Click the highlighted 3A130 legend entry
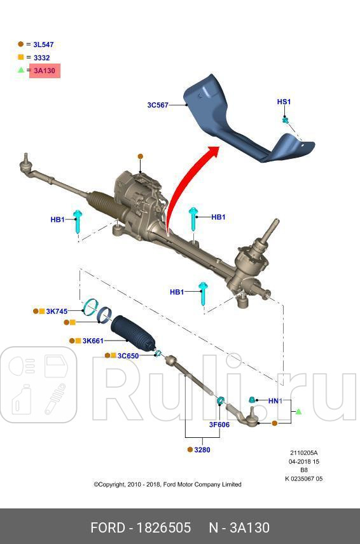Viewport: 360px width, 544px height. (x=45, y=71)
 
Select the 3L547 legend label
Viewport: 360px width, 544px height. (x=43, y=44)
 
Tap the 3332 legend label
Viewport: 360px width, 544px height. (x=42, y=58)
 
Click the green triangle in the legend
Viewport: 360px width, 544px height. (x=21, y=70)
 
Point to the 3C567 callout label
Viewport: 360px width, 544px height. (x=157, y=105)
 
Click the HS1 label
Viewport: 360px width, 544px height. (x=284, y=102)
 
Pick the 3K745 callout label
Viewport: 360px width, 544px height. (x=57, y=311)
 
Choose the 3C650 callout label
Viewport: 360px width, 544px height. (x=128, y=356)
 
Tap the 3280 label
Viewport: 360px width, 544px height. (x=203, y=449)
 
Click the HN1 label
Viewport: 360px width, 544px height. (x=274, y=401)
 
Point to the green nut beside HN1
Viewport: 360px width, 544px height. (x=253, y=400)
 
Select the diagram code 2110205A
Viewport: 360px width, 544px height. (x=305, y=453)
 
